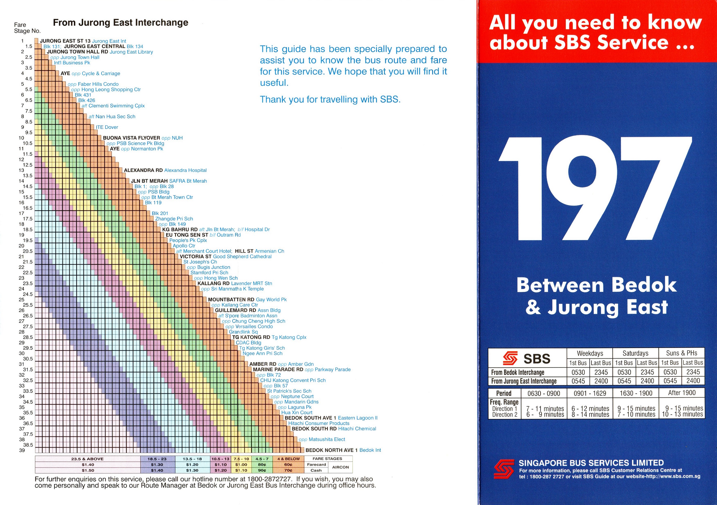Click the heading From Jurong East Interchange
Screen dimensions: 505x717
coord(121,22)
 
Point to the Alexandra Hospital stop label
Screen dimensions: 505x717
coord(185,170)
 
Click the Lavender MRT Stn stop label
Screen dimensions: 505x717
coord(251,283)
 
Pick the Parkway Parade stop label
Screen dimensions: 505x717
coord(333,370)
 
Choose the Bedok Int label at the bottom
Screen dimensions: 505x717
coord(370,450)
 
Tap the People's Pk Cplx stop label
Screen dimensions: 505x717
coord(188,240)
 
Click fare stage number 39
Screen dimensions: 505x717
coord(22,450)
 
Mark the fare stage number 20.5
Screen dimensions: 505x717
coord(28,251)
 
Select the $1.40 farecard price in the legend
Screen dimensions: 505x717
coord(88,465)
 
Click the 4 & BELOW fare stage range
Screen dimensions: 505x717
coord(288,459)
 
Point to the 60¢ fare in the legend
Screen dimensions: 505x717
coord(288,465)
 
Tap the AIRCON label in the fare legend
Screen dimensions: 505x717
coord(340,467)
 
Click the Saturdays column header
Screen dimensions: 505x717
coord(635,353)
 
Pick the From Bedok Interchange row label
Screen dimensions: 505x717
coord(517,372)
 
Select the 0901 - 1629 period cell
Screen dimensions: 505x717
coord(590,393)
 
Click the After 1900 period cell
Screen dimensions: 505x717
coord(682,393)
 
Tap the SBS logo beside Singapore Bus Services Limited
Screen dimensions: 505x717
coord(503,469)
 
